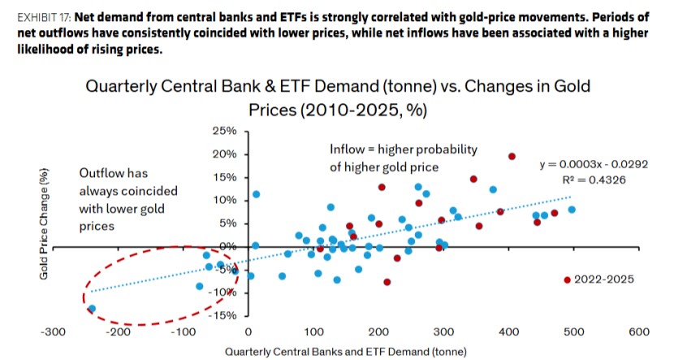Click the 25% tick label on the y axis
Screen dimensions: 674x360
[x=224, y=131]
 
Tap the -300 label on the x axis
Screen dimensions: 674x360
[x=53, y=332]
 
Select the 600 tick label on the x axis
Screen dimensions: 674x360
[x=639, y=332]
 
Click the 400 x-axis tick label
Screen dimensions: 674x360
[x=509, y=332]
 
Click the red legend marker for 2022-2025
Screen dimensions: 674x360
[x=567, y=280]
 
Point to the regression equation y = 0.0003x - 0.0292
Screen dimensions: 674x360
[x=594, y=164]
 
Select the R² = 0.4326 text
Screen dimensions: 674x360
[x=594, y=180]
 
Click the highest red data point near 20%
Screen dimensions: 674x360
[x=512, y=157]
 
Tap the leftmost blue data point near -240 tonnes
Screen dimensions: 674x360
[x=92, y=308]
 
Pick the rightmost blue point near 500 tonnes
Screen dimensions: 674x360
[x=572, y=210]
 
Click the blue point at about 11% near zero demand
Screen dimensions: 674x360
[x=256, y=194]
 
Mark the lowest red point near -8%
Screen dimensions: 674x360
[x=387, y=282]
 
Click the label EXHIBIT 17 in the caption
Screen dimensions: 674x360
[x=45, y=18]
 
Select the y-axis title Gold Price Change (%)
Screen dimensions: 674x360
[x=44, y=223]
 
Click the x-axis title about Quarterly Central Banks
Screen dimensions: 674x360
[x=346, y=352]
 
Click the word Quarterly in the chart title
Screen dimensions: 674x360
[x=121, y=86]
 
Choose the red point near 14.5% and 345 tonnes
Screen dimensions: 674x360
[x=473, y=179]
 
